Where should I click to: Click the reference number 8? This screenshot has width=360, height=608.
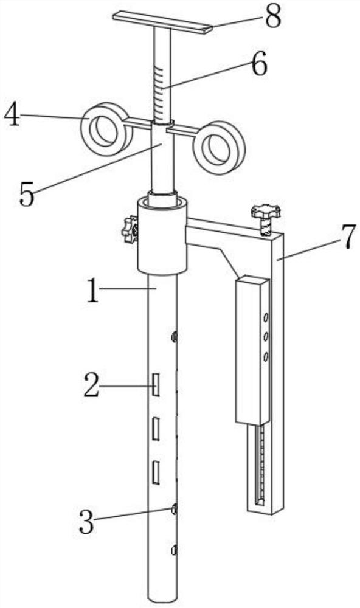click(272, 16)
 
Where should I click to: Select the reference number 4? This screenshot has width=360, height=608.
click(12, 114)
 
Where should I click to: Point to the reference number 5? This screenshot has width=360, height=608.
click(27, 194)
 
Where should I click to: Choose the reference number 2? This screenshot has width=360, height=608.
click(92, 385)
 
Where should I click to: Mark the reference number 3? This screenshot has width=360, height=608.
click(86, 522)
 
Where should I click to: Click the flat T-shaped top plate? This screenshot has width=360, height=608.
click(162, 22)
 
